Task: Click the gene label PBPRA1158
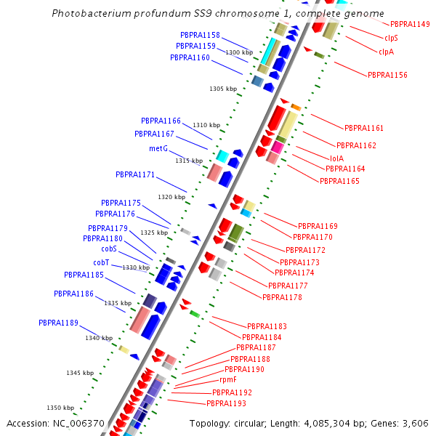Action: [200, 35]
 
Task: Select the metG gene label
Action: [158, 148]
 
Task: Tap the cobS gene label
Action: [109, 249]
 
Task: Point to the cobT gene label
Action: [101, 262]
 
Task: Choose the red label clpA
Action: [386, 52]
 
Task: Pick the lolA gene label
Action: [336, 158]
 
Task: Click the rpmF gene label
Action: [228, 379]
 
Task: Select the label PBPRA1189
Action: [58, 323]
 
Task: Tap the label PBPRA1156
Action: [387, 75]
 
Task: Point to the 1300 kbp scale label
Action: [239, 52]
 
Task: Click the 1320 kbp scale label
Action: [171, 197]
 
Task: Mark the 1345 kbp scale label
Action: [80, 373]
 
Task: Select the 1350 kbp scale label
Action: [60, 408]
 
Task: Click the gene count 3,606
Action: [416, 423]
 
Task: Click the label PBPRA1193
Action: [226, 403]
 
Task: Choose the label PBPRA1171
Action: [135, 174]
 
